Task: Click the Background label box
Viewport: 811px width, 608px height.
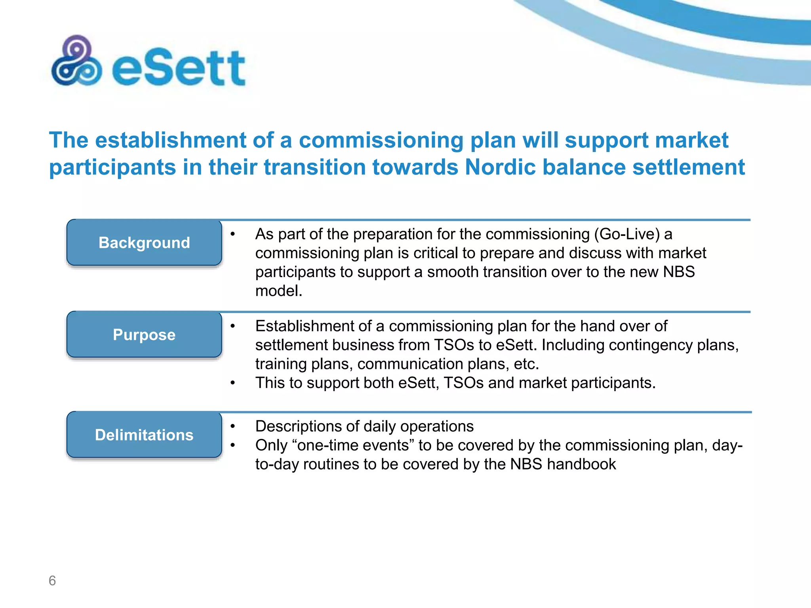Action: pyautogui.click(x=144, y=243)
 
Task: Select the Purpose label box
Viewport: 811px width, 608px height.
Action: pyautogui.click(x=144, y=334)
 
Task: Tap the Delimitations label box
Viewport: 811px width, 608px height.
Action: pyautogui.click(x=144, y=435)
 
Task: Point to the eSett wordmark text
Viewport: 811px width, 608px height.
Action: pyautogui.click(x=179, y=68)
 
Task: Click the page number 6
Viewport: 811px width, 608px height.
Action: pyautogui.click(x=52, y=580)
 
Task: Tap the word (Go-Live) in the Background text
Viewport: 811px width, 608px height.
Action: pyautogui.click(x=627, y=234)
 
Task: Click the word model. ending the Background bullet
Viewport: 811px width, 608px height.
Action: pyautogui.click(x=279, y=291)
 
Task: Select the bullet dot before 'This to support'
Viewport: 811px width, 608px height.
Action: pyautogui.click(x=233, y=383)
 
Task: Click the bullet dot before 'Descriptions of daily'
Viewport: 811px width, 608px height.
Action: pyautogui.click(x=233, y=426)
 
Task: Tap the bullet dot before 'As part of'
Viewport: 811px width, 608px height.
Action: pyautogui.click(x=233, y=234)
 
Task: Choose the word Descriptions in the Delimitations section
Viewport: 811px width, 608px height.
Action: pyautogui.click(x=298, y=426)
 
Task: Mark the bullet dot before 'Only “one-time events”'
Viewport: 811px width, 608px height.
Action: pyautogui.click(x=233, y=445)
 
